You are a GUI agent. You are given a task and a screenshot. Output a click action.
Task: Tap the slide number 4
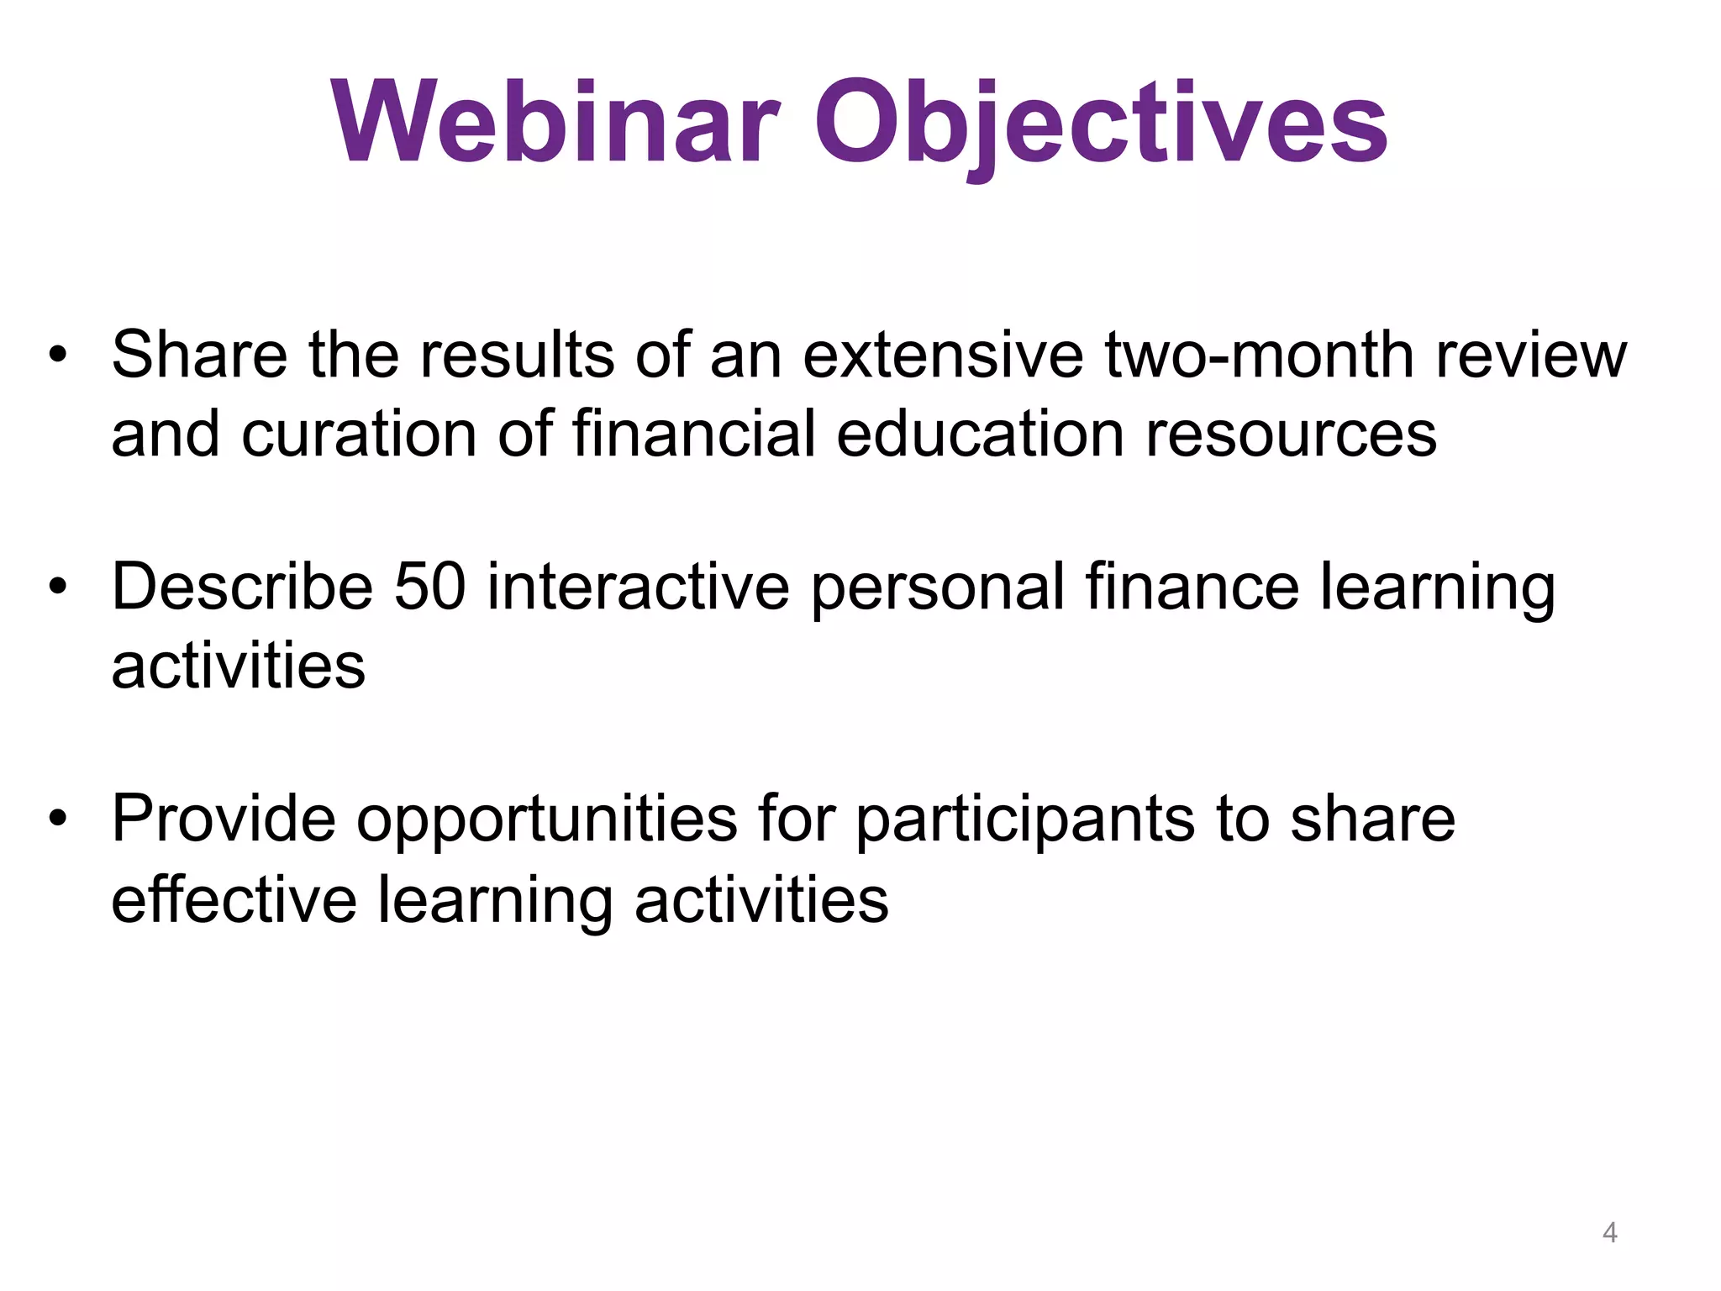coord(1609,1232)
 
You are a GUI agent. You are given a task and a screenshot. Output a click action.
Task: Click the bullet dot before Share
coord(56,354)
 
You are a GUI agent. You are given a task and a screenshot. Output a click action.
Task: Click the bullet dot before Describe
coord(56,586)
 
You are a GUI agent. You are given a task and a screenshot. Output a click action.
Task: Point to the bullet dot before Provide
coord(56,818)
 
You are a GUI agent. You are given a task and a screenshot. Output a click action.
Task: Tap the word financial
coord(694,435)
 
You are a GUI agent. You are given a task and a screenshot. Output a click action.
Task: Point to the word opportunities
coord(546,819)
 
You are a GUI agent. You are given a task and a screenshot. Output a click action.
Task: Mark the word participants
coord(1025,819)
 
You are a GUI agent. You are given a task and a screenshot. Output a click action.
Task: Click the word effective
coord(234,899)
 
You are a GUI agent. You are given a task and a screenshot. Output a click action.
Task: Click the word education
coord(980,435)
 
